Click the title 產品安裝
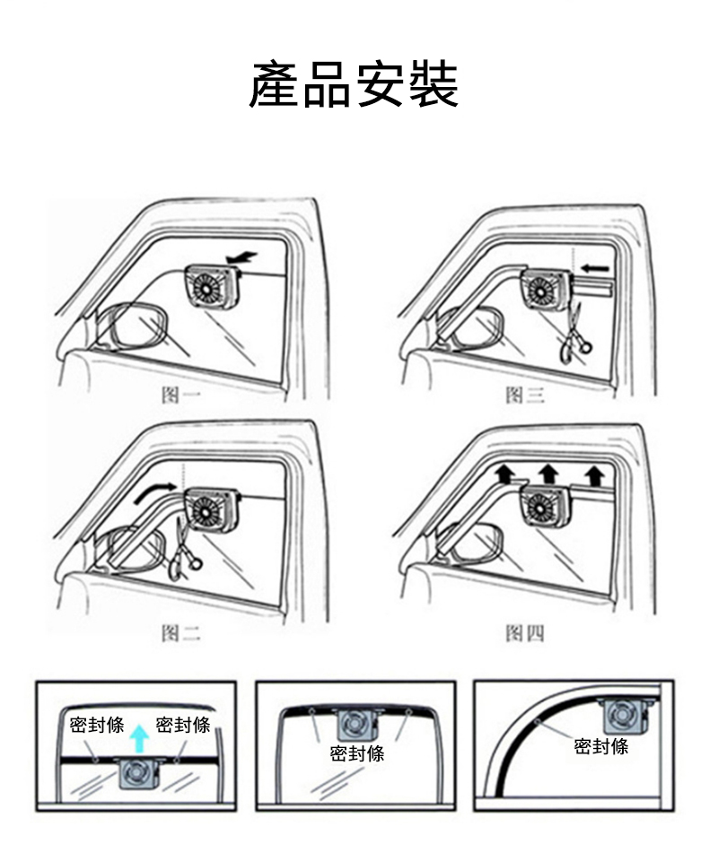354,84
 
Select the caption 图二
181,633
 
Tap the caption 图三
525,395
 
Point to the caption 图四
525,633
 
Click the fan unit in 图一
214,287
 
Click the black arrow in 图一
243,259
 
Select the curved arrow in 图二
155,492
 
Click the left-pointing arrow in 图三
594,268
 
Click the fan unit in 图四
546,505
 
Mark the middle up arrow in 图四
548,474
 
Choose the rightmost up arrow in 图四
595,474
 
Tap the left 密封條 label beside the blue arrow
97,725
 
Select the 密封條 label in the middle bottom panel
357,753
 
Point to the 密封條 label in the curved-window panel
601,746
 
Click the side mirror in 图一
130,326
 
